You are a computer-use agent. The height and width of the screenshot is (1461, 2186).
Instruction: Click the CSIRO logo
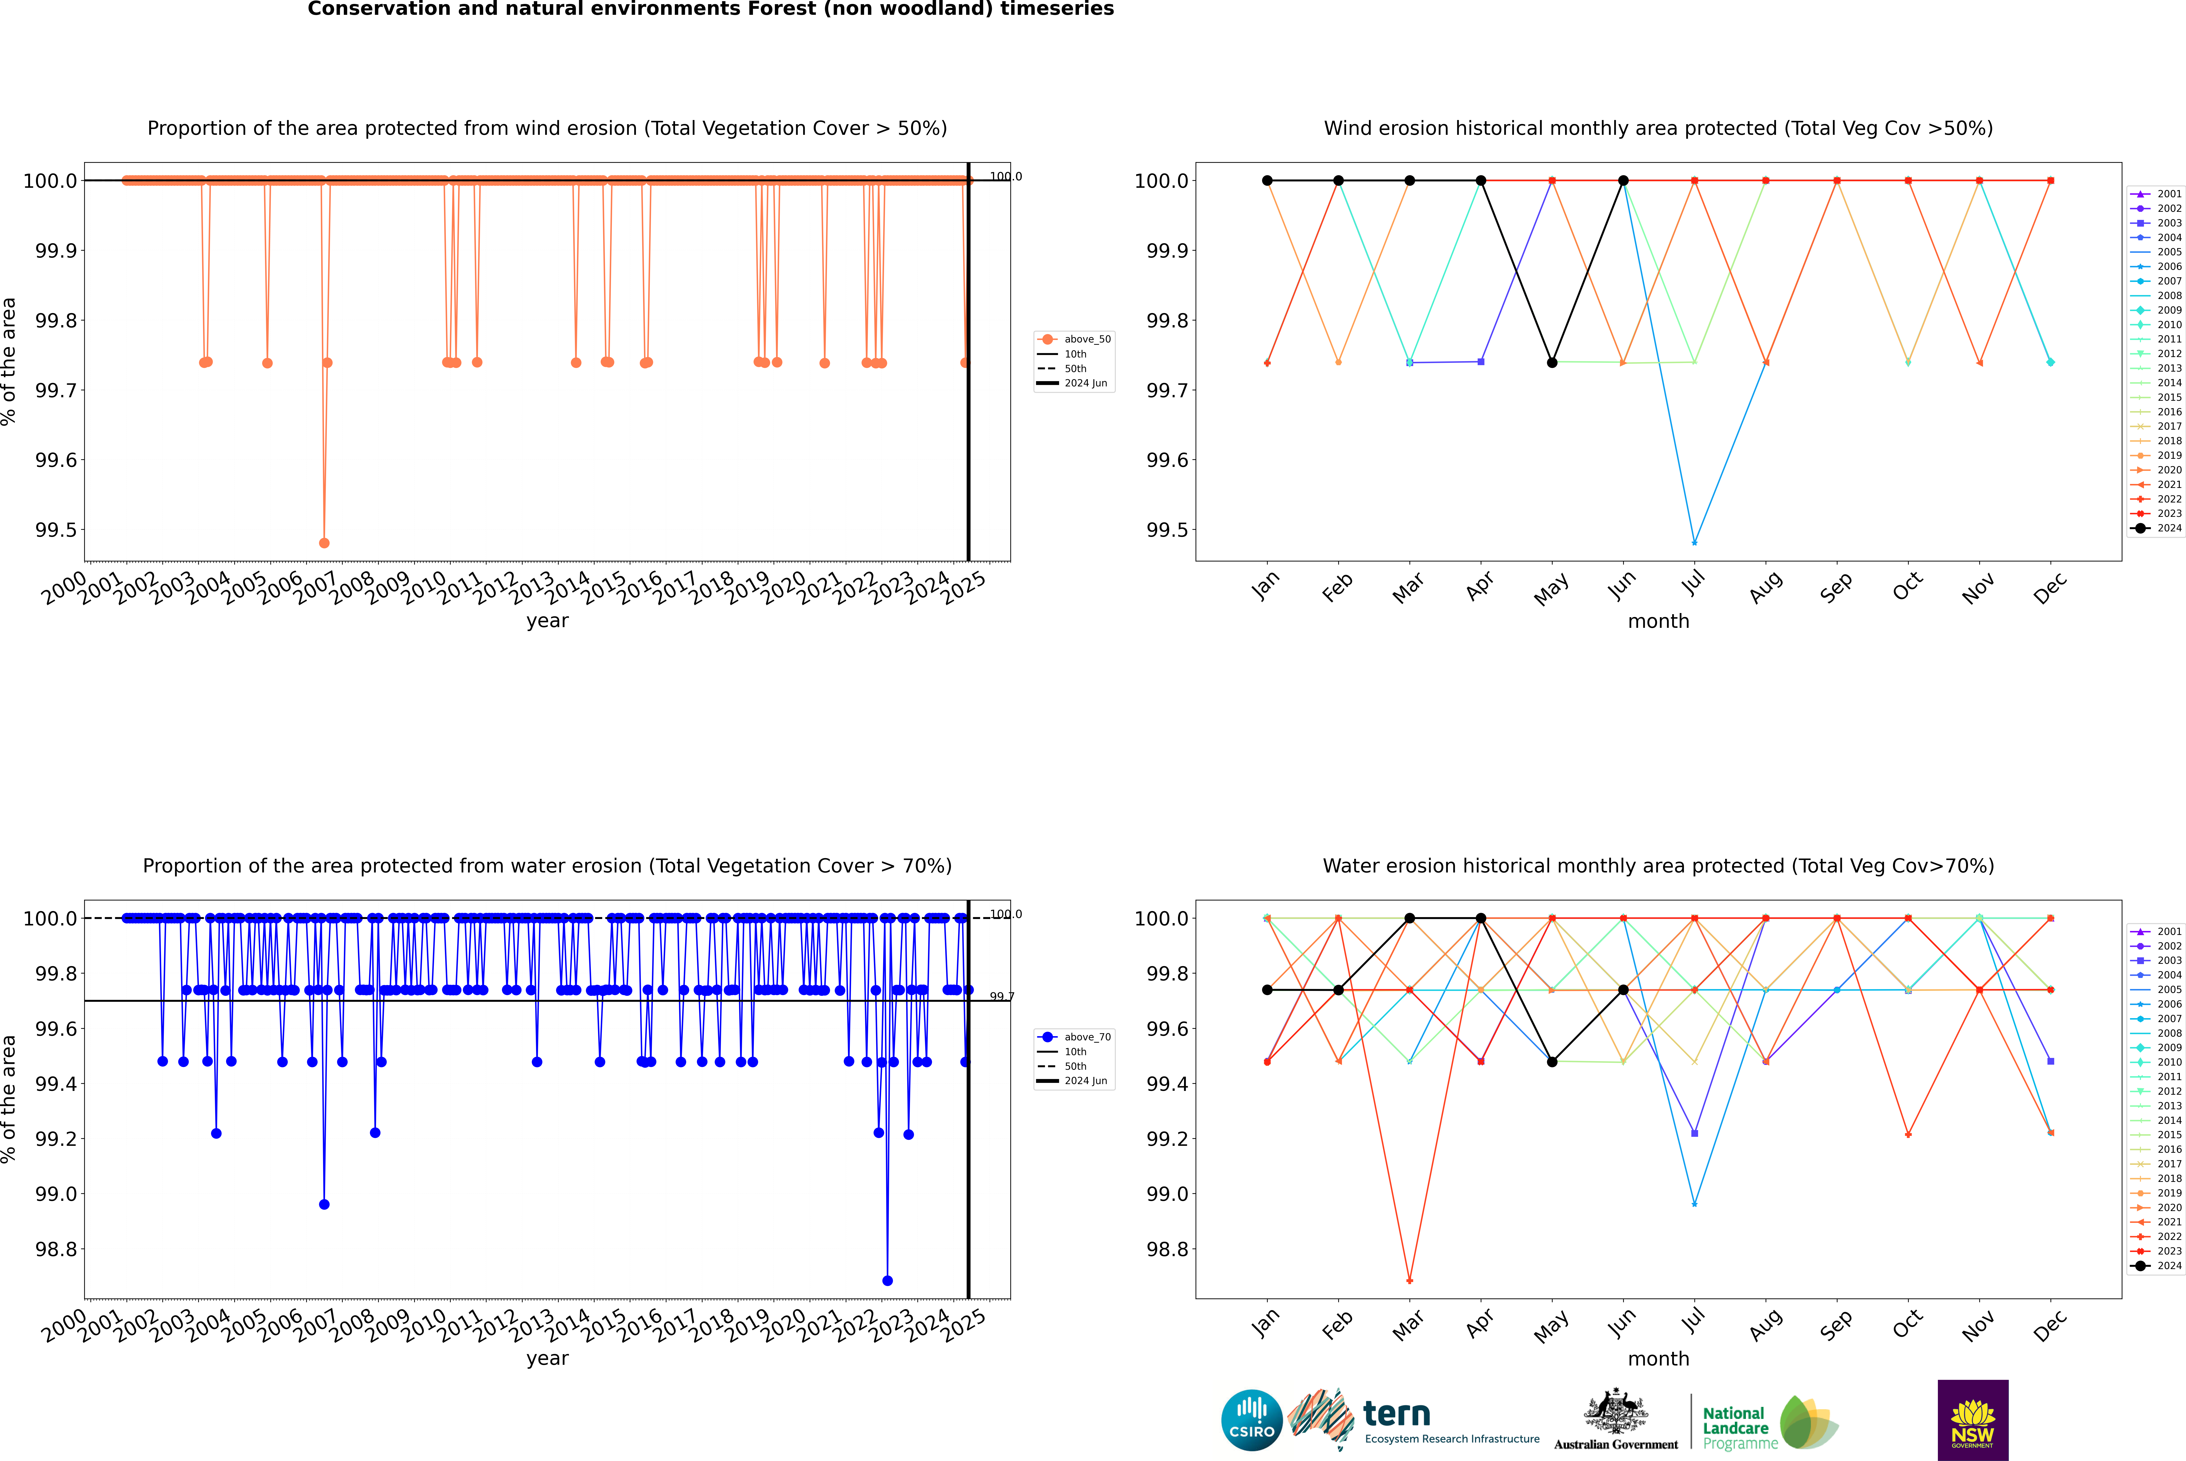point(1252,1420)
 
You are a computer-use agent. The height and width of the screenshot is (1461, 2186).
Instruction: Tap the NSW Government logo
point(1973,1420)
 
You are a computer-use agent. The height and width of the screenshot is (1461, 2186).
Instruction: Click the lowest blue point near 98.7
point(887,1280)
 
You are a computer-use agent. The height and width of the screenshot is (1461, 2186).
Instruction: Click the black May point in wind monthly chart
point(1551,362)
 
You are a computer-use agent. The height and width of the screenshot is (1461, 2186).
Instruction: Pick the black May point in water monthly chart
point(1551,1061)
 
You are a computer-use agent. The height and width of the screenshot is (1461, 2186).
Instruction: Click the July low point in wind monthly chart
point(1694,542)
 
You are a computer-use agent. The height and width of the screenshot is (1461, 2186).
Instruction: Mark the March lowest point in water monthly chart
point(1409,1280)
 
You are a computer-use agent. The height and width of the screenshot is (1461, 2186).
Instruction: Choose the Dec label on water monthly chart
point(2050,1325)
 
